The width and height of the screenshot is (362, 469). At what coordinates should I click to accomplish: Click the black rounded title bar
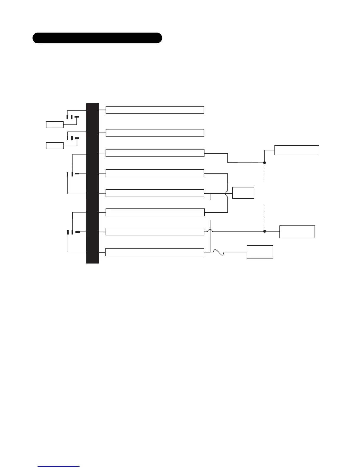click(97, 38)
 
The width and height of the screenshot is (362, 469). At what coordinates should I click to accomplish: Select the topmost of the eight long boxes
click(155, 110)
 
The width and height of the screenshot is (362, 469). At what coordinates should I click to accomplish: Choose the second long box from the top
click(155, 133)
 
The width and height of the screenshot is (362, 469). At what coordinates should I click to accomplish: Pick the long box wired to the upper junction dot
click(155, 153)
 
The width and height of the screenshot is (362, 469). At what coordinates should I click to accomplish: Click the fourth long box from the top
click(155, 173)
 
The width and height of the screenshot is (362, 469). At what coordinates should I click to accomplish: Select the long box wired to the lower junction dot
click(155, 232)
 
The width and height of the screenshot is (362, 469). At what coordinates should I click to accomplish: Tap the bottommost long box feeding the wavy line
click(154, 252)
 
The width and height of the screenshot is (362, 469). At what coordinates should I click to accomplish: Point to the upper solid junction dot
click(265, 163)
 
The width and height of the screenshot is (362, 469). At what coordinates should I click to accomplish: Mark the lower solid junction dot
click(265, 231)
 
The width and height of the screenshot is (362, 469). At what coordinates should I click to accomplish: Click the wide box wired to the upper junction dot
click(297, 150)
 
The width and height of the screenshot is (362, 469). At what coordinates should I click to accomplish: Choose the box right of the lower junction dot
click(297, 232)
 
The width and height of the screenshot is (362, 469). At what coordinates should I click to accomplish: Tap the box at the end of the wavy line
click(260, 252)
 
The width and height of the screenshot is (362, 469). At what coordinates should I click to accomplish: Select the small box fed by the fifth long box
click(243, 192)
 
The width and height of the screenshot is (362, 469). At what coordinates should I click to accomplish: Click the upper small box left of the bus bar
click(55, 124)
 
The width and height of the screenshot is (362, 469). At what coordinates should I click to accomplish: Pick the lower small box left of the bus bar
click(55, 145)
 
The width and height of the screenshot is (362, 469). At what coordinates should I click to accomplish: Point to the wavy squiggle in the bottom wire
click(218, 253)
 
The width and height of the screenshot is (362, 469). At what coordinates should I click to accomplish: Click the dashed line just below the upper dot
click(265, 173)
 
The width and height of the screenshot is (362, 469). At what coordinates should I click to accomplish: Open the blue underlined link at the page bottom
click(59, 466)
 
